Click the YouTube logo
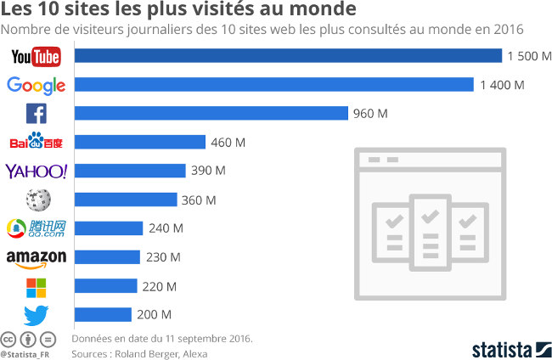coord(36,56)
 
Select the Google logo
coord(36,86)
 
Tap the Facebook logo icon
coord(36,114)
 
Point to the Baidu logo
coord(36,142)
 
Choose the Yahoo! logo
coord(36,171)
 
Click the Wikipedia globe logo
coord(37,200)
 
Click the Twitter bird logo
coord(36,315)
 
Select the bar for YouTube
coord(289,56)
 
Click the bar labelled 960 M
coord(212,114)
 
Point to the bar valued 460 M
coord(141,142)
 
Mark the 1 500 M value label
coord(529,56)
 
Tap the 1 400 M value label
coord(502,85)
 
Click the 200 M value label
coord(154,315)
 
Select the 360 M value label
coord(200,200)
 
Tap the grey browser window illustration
coord(430,223)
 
